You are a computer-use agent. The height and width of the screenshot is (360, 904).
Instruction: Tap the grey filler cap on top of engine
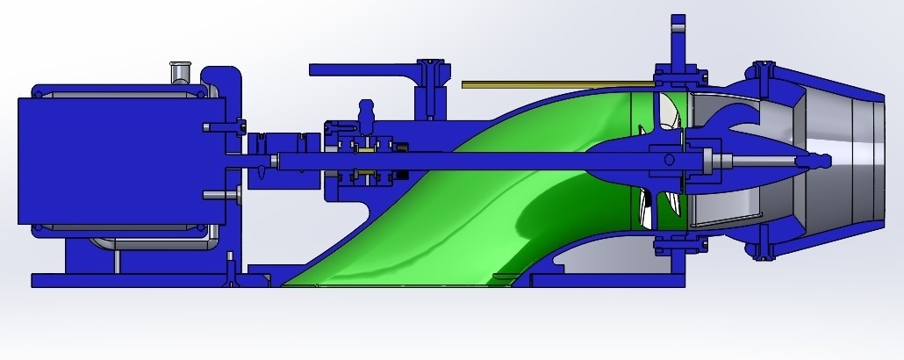(x=180, y=71)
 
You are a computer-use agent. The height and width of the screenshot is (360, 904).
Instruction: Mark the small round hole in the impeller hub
(x=669, y=159)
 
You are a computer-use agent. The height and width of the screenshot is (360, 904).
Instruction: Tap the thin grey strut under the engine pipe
(x=114, y=260)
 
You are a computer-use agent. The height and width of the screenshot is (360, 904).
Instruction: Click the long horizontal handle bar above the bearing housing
(x=360, y=68)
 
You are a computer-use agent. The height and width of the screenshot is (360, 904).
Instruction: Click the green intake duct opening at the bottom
(x=395, y=279)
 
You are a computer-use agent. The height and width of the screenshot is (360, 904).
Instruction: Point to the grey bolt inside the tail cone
(x=755, y=160)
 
